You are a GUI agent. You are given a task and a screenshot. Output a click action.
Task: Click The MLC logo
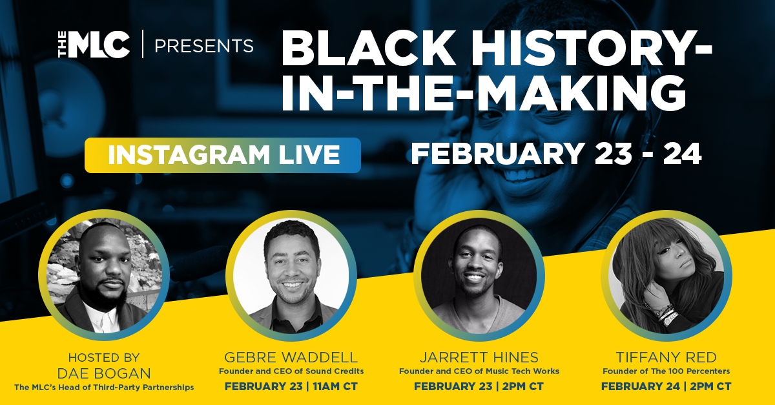pos(94,45)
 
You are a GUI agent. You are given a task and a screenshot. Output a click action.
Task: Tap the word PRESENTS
pos(204,46)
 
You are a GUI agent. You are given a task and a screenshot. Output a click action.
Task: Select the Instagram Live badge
pos(223,155)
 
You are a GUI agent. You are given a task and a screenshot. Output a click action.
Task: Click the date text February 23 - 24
pos(556,154)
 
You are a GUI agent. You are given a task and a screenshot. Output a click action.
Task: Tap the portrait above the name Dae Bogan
pos(104,275)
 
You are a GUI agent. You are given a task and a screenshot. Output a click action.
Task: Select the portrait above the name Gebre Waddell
pos(291,276)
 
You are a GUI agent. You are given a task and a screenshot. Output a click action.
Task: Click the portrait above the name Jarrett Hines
pos(479,276)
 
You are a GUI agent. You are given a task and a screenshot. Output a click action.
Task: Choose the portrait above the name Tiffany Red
pos(666,276)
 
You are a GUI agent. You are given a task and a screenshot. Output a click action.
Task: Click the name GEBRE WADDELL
pos(291,357)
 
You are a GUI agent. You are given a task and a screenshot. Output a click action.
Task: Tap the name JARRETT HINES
pos(479,357)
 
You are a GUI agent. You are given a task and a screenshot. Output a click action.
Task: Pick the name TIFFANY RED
pos(666,357)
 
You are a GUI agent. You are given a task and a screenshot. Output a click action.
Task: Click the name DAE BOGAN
pos(104,373)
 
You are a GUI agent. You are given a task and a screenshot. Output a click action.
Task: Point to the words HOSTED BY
pos(104,357)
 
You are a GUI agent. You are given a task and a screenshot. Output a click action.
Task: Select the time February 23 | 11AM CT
pos(291,386)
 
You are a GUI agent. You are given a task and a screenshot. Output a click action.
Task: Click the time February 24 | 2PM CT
pos(666,386)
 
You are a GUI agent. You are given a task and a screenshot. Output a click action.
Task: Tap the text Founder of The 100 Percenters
pos(666,371)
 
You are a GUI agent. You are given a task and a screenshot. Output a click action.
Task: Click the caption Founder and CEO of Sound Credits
pos(291,371)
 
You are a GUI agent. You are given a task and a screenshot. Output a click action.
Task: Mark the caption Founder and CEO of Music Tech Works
pos(479,371)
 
